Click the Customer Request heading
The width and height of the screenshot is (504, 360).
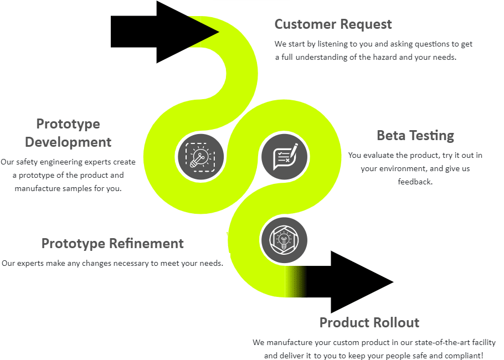333,24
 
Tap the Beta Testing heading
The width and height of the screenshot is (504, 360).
415,136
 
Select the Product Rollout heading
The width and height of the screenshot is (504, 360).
369,322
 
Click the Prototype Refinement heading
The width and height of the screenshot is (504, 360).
112,244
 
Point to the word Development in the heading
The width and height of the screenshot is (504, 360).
68,142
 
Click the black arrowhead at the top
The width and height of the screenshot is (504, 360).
187,32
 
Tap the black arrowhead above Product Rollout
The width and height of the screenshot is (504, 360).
362,282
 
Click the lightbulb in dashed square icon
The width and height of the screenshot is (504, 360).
201,157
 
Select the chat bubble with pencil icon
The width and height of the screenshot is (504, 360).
285,157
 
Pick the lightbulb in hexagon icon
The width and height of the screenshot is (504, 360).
284,240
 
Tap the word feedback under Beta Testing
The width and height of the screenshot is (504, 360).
415,182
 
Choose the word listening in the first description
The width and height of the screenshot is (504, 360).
333,44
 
